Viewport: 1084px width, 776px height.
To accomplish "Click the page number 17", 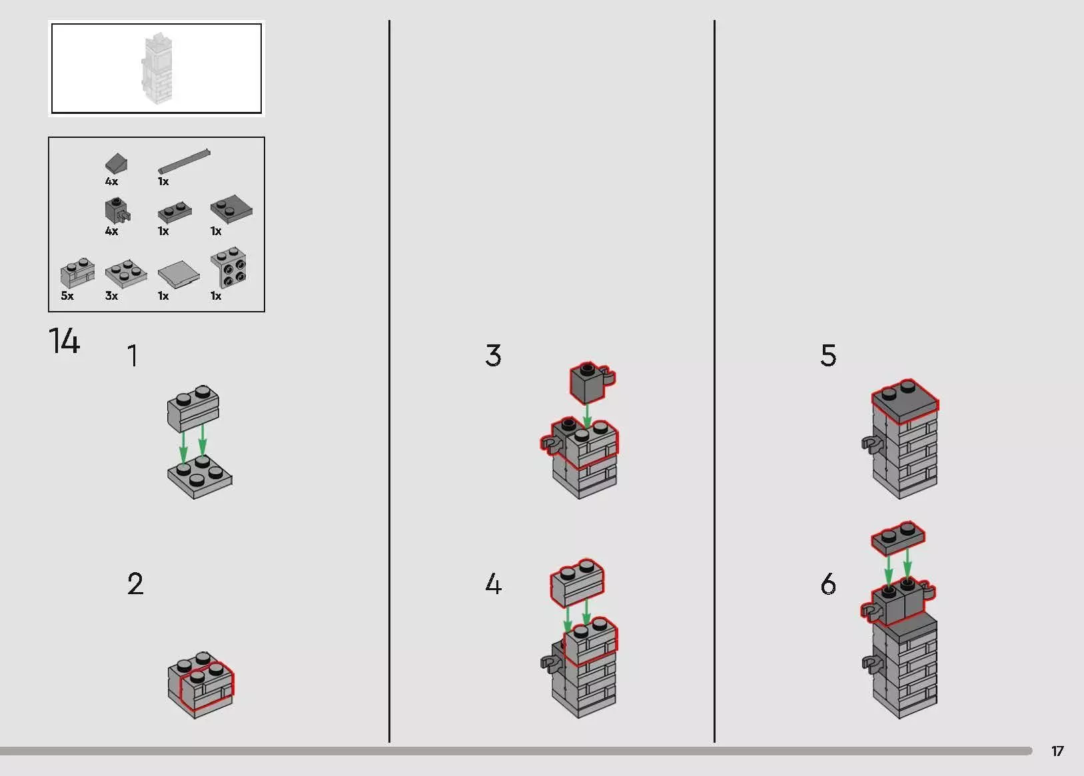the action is click(x=1057, y=751).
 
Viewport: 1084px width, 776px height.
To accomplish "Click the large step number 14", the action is click(x=65, y=341).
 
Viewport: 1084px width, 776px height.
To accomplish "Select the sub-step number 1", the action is click(x=133, y=356).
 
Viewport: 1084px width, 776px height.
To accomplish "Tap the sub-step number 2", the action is click(x=135, y=583).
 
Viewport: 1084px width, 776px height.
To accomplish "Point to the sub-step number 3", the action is click(x=493, y=356).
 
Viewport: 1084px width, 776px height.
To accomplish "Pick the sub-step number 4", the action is click(x=493, y=583).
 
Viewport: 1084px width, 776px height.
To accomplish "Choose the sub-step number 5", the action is click(x=828, y=356).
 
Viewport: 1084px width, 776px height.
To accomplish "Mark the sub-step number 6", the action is click(x=828, y=583).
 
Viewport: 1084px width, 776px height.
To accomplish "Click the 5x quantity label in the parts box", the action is click(x=67, y=296).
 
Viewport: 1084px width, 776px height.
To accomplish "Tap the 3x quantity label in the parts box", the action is click(x=111, y=296).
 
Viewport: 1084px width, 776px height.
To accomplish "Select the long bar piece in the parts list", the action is click(x=184, y=161).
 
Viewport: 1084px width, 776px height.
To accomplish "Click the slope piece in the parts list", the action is click(x=117, y=163).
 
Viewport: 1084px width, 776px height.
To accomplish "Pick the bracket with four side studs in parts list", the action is click(x=229, y=268).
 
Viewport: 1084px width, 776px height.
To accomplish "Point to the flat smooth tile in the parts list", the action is click(x=179, y=274).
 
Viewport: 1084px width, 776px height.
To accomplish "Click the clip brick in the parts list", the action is click(x=118, y=210).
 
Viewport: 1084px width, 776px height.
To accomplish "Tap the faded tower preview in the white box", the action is click(x=157, y=68).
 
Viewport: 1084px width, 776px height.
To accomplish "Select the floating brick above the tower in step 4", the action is click(x=578, y=583).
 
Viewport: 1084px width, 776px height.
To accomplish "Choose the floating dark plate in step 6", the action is click(x=898, y=538).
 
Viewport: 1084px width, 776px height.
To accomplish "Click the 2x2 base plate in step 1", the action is click(x=200, y=477).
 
